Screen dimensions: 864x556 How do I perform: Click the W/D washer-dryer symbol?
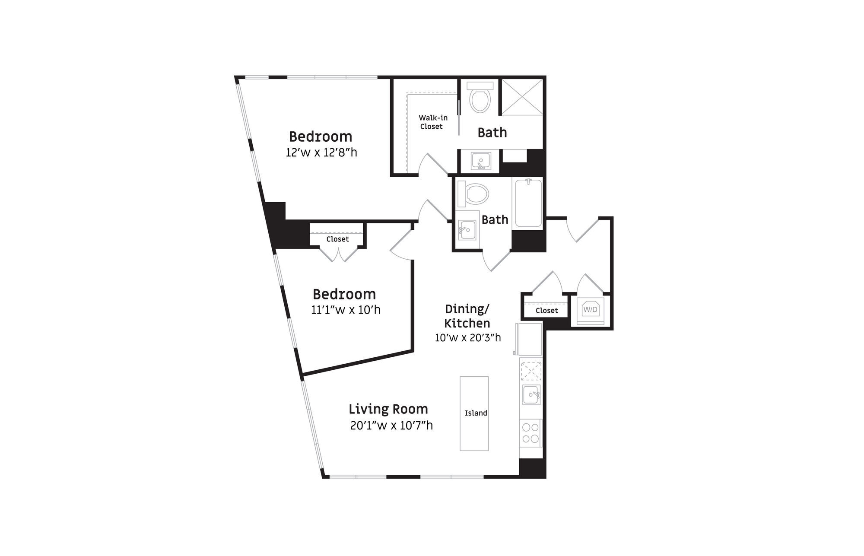[x=591, y=310]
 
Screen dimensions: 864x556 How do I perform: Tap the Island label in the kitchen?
[x=476, y=413]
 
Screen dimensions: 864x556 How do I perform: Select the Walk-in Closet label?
[x=433, y=122]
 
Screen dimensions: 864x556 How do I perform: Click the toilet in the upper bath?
[x=480, y=97]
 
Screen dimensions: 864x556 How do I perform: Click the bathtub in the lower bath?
[x=527, y=203]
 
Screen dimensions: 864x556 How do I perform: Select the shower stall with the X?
[x=522, y=97]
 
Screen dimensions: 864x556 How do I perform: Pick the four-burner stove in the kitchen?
[x=530, y=433]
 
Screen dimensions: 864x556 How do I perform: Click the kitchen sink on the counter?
[x=531, y=395]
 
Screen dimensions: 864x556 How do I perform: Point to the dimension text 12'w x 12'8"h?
[x=321, y=153]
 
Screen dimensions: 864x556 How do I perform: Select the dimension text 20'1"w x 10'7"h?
[x=391, y=426]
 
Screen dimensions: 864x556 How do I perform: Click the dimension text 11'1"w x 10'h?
[x=346, y=310]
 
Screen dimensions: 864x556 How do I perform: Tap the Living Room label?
[x=388, y=409]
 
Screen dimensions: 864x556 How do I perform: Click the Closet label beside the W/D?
[x=546, y=311]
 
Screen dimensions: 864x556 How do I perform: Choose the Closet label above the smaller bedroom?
[x=337, y=239]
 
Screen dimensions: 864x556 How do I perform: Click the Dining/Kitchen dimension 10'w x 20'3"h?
[x=468, y=337]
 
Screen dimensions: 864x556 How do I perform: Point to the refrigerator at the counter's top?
[x=530, y=339]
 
